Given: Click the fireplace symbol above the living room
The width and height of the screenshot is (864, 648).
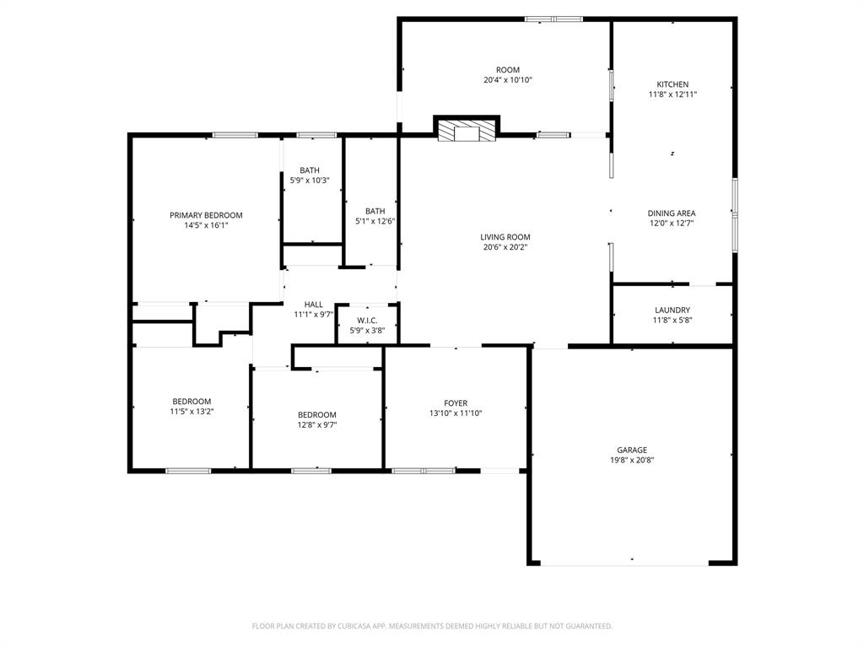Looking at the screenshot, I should (467, 132).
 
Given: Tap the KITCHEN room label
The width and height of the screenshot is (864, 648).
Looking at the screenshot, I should (672, 84).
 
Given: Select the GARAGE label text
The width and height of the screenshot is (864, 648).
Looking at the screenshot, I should (631, 450).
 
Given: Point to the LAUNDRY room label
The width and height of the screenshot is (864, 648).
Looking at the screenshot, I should (672, 310).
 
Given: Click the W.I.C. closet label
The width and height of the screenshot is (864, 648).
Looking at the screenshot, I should (367, 320).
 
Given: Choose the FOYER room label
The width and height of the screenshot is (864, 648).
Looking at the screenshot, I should (456, 403).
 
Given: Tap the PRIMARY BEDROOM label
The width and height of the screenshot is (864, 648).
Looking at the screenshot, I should (206, 215).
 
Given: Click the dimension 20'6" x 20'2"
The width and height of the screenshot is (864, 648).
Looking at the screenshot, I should (506, 247).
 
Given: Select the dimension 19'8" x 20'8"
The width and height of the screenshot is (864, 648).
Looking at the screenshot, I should (631, 461).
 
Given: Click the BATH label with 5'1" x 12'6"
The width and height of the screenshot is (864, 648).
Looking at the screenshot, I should (375, 211).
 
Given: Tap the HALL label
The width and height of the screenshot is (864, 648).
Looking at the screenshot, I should (314, 305).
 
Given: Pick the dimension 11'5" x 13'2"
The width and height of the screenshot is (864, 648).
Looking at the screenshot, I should (192, 412).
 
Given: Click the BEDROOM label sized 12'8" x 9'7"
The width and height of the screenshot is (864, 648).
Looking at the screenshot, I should (316, 414).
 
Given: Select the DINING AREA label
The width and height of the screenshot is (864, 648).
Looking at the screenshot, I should (672, 213).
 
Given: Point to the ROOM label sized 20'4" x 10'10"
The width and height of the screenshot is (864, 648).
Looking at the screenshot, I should (508, 70).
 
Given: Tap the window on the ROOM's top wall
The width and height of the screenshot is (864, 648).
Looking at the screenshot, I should (553, 19).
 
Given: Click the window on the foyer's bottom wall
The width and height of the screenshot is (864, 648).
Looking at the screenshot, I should (424, 470).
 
